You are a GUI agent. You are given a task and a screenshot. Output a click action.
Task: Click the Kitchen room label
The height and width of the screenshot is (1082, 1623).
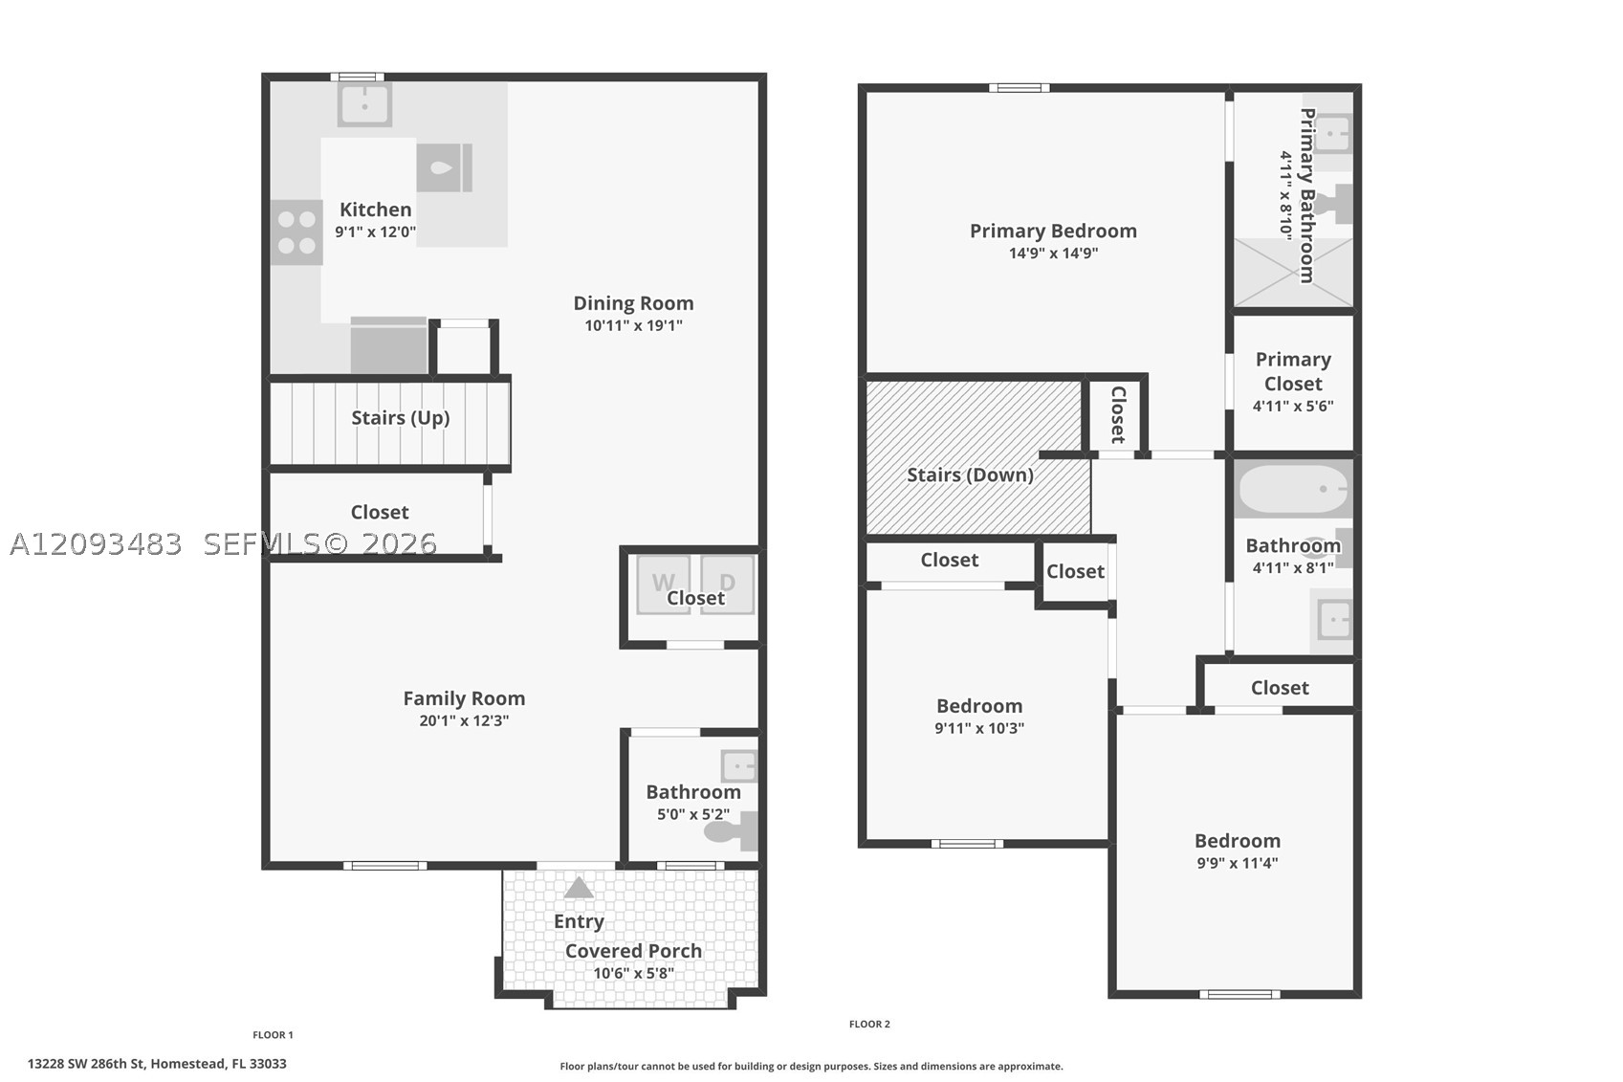pyautogui.click(x=375, y=210)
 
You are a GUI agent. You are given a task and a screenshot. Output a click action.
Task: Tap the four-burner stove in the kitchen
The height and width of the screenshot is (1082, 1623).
pyautogui.click(x=297, y=232)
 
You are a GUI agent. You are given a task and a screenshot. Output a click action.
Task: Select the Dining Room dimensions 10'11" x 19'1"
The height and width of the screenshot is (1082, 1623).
pyautogui.click(x=633, y=325)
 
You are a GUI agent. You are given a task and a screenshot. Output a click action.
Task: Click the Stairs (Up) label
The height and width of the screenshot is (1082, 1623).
pyautogui.click(x=400, y=418)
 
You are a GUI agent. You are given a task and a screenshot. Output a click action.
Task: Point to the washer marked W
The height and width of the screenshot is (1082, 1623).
pyautogui.click(x=663, y=585)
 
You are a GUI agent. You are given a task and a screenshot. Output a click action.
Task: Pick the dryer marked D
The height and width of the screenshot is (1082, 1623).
pyautogui.click(x=728, y=585)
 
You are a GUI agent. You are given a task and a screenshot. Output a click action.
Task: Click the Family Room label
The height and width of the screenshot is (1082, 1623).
pyautogui.click(x=464, y=698)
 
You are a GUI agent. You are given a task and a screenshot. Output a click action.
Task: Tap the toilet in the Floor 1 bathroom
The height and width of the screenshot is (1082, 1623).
pyautogui.click(x=731, y=831)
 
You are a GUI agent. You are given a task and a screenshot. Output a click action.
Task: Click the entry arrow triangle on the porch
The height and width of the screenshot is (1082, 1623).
pyautogui.click(x=579, y=888)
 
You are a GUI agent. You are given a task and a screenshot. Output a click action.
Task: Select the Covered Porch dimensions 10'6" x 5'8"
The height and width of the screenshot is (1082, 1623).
pyautogui.click(x=633, y=973)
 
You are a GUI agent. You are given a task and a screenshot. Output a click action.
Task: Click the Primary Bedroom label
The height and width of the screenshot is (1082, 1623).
pyautogui.click(x=1053, y=231)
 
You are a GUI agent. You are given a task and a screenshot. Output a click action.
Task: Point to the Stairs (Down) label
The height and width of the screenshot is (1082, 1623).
pyautogui.click(x=970, y=475)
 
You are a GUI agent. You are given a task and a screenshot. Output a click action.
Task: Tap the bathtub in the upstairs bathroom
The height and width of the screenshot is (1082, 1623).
pyautogui.click(x=1293, y=489)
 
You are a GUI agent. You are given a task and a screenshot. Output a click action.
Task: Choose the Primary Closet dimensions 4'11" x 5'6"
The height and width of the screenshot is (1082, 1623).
pyautogui.click(x=1293, y=407)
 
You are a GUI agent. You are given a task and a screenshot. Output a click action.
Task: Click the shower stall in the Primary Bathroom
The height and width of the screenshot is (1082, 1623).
pyautogui.click(x=1293, y=272)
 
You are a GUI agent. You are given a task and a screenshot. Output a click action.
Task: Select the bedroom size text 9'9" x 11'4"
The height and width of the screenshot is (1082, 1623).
pyautogui.click(x=1237, y=863)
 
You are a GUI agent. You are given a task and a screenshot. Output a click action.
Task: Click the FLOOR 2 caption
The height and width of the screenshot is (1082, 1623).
pyautogui.click(x=869, y=1024)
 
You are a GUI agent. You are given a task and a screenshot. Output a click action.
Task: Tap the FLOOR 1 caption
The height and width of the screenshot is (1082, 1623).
pyautogui.click(x=273, y=1035)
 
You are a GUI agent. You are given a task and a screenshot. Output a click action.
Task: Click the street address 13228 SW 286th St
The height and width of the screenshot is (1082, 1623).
pyautogui.click(x=87, y=1064)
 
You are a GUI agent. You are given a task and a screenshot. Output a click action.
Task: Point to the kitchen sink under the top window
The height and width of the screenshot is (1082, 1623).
pyautogui.click(x=364, y=104)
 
